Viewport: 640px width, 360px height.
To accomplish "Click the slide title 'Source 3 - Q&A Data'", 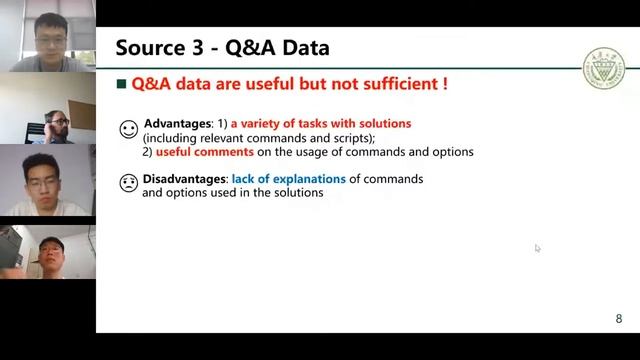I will (x=222, y=47).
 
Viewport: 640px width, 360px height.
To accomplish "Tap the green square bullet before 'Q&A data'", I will (x=122, y=85).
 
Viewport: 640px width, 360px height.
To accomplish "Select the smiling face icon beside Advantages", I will (x=128, y=129).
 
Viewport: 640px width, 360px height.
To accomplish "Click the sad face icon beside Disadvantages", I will (x=128, y=183).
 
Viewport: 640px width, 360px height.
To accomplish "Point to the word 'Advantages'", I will (x=178, y=124).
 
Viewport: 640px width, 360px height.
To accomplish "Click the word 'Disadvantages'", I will (x=185, y=179).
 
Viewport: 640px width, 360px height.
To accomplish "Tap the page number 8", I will (x=618, y=319).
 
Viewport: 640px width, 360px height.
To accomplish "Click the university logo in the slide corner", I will (x=604, y=70).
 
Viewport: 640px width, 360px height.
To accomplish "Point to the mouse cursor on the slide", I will (x=537, y=248).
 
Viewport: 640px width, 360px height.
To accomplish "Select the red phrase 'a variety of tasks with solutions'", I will (x=321, y=124).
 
